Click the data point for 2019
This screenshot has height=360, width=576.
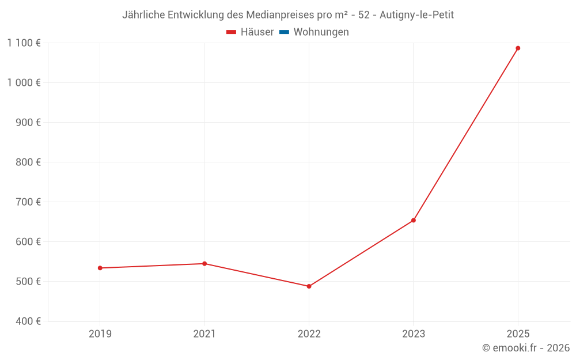click(100, 268)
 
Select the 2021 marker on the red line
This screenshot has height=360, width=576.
click(204, 264)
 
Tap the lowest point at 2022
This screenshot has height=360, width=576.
click(309, 286)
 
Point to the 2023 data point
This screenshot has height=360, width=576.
click(414, 221)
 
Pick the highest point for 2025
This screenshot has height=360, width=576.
click(518, 48)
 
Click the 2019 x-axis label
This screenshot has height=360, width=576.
click(100, 334)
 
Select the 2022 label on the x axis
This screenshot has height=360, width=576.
click(309, 334)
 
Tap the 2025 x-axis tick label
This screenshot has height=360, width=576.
click(518, 334)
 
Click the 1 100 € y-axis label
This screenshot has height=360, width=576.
click(24, 43)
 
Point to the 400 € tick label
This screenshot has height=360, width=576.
click(28, 321)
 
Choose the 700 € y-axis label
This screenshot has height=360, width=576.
click(28, 202)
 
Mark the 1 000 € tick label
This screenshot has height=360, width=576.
click(24, 82)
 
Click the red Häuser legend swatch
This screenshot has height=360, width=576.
click(231, 32)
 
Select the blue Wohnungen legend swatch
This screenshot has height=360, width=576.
click(285, 32)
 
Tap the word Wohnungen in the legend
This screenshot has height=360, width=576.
click(321, 32)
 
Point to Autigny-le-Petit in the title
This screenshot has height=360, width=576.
click(416, 15)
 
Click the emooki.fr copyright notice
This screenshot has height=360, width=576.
click(526, 348)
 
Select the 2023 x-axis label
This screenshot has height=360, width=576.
click(414, 334)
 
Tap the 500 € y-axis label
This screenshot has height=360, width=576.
click(28, 282)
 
